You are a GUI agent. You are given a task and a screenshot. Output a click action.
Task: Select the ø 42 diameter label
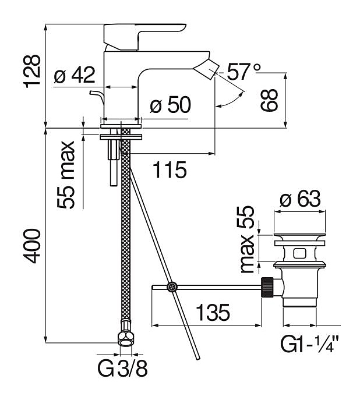click(75, 75)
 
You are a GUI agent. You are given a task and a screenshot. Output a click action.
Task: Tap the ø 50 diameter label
click(170, 106)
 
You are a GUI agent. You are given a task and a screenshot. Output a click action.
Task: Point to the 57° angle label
click(243, 72)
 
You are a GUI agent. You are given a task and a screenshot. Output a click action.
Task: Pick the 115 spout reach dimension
click(170, 170)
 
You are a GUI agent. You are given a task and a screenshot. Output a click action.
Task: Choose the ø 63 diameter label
click(300, 200)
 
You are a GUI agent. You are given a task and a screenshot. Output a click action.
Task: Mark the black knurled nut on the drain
click(268, 286)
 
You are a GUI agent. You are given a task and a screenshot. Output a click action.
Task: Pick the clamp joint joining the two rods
click(172, 286)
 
